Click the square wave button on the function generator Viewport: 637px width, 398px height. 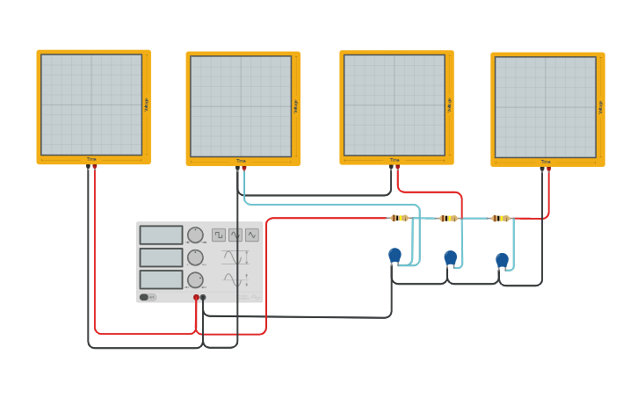219,235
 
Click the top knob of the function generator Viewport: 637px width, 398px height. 195,235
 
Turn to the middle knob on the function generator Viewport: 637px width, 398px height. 195,257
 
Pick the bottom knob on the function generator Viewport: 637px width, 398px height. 195,279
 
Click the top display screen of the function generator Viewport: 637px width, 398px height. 161,235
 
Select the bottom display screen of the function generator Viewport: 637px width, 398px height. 161,279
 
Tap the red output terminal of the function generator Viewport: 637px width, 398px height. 196,298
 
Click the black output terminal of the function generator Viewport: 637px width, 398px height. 203,298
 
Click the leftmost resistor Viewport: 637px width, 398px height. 399,218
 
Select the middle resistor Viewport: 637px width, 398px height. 449,218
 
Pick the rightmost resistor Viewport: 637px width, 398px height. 500,218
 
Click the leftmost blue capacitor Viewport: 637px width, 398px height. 395,255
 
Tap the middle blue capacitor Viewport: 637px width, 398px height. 451,257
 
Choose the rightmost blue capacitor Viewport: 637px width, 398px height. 502,259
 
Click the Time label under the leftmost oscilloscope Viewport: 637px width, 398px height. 91,159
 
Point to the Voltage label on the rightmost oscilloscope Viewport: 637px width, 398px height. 600,106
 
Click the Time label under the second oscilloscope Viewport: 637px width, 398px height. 241,161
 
